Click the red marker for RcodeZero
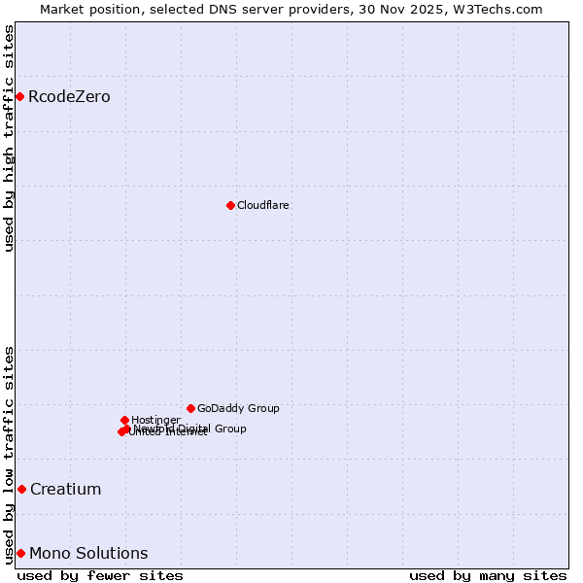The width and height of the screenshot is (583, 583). (x=19, y=96)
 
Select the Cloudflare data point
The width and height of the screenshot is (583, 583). (x=230, y=205)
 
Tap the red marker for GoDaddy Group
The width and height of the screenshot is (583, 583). (x=190, y=408)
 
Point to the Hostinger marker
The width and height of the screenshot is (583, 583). (x=124, y=420)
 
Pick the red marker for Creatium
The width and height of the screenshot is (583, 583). (x=21, y=489)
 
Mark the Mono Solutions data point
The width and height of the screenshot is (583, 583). (x=20, y=553)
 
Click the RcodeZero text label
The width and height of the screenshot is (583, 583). (x=69, y=96)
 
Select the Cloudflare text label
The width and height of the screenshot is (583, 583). (x=263, y=205)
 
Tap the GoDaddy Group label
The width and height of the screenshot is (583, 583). (x=238, y=408)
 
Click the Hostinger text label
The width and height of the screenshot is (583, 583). (x=156, y=420)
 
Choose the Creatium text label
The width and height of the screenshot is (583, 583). (x=65, y=489)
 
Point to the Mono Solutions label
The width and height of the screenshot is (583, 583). (x=88, y=553)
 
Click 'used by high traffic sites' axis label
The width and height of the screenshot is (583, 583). (x=9, y=138)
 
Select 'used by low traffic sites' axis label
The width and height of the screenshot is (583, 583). (x=9, y=454)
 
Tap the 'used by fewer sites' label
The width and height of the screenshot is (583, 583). (x=100, y=575)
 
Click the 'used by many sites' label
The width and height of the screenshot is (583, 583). (x=488, y=575)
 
